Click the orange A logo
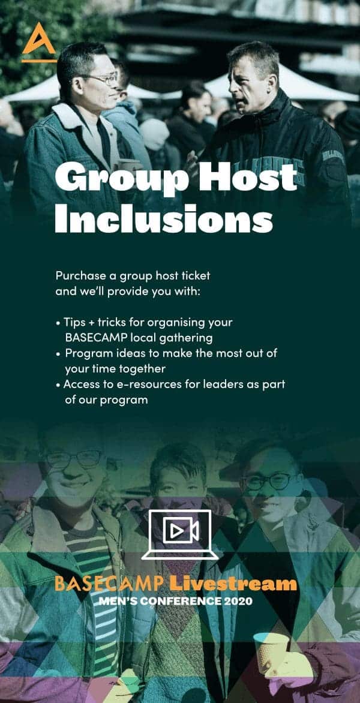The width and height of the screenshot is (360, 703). click(39, 42)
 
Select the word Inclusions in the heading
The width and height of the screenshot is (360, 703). click(164, 219)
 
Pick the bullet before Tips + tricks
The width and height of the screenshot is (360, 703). click(58, 323)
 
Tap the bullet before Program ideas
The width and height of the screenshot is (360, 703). click(58, 354)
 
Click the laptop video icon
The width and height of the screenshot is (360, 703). click(180, 534)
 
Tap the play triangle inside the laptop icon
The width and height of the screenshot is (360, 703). click(175, 532)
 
